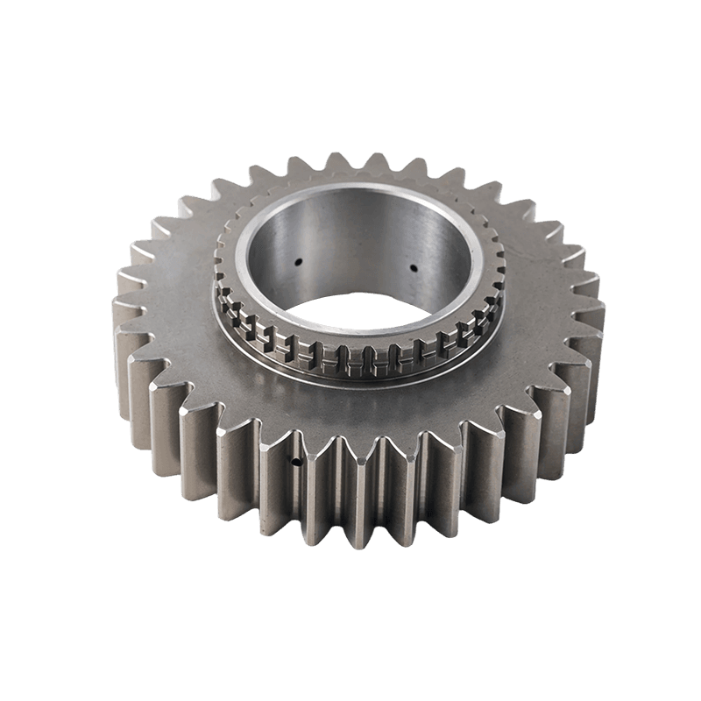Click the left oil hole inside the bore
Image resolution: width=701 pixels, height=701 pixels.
point(299,260)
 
